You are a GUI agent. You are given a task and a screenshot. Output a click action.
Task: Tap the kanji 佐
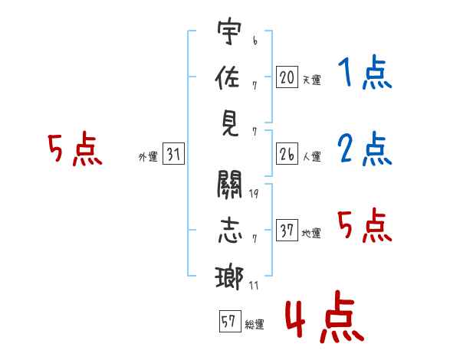229,79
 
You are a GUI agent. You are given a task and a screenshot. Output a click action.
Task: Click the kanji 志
229,231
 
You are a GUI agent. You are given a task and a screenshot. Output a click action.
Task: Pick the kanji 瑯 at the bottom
229,276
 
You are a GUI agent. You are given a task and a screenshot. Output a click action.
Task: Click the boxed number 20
287,77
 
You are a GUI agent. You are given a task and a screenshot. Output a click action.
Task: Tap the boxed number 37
287,231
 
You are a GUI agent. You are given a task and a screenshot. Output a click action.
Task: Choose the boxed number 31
173,155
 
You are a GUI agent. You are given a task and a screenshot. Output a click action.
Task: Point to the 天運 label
311,80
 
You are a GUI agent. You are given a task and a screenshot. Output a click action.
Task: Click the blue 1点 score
364,74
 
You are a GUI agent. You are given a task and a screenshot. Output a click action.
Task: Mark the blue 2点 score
364,149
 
